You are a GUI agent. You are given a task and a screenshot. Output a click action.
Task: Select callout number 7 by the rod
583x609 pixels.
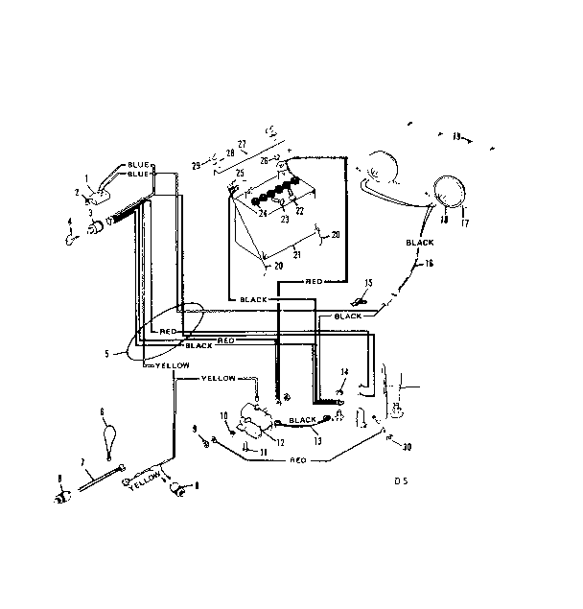pyautogui.click(x=82, y=461)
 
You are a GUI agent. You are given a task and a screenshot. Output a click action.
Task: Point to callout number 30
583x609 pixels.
pyautogui.click(x=408, y=447)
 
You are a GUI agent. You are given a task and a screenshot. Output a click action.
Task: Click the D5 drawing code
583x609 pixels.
pyautogui.click(x=400, y=480)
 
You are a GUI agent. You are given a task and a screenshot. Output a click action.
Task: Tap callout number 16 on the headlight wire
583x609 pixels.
pyautogui.click(x=428, y=262)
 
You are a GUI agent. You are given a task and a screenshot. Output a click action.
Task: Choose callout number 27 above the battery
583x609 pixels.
pyautogui.click(x=242, y=144)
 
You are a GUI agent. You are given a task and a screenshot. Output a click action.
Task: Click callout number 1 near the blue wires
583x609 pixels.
pyautogui.click(x=85, y=177)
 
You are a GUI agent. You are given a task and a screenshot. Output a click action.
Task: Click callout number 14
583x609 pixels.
pyautogui.click(x=344, y=371)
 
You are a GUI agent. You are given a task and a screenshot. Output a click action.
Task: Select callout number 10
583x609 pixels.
pyautogui.click(x=222, y=415)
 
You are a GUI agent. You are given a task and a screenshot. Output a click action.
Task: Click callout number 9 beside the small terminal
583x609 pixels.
pyautogui.click(x=195, y=427)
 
